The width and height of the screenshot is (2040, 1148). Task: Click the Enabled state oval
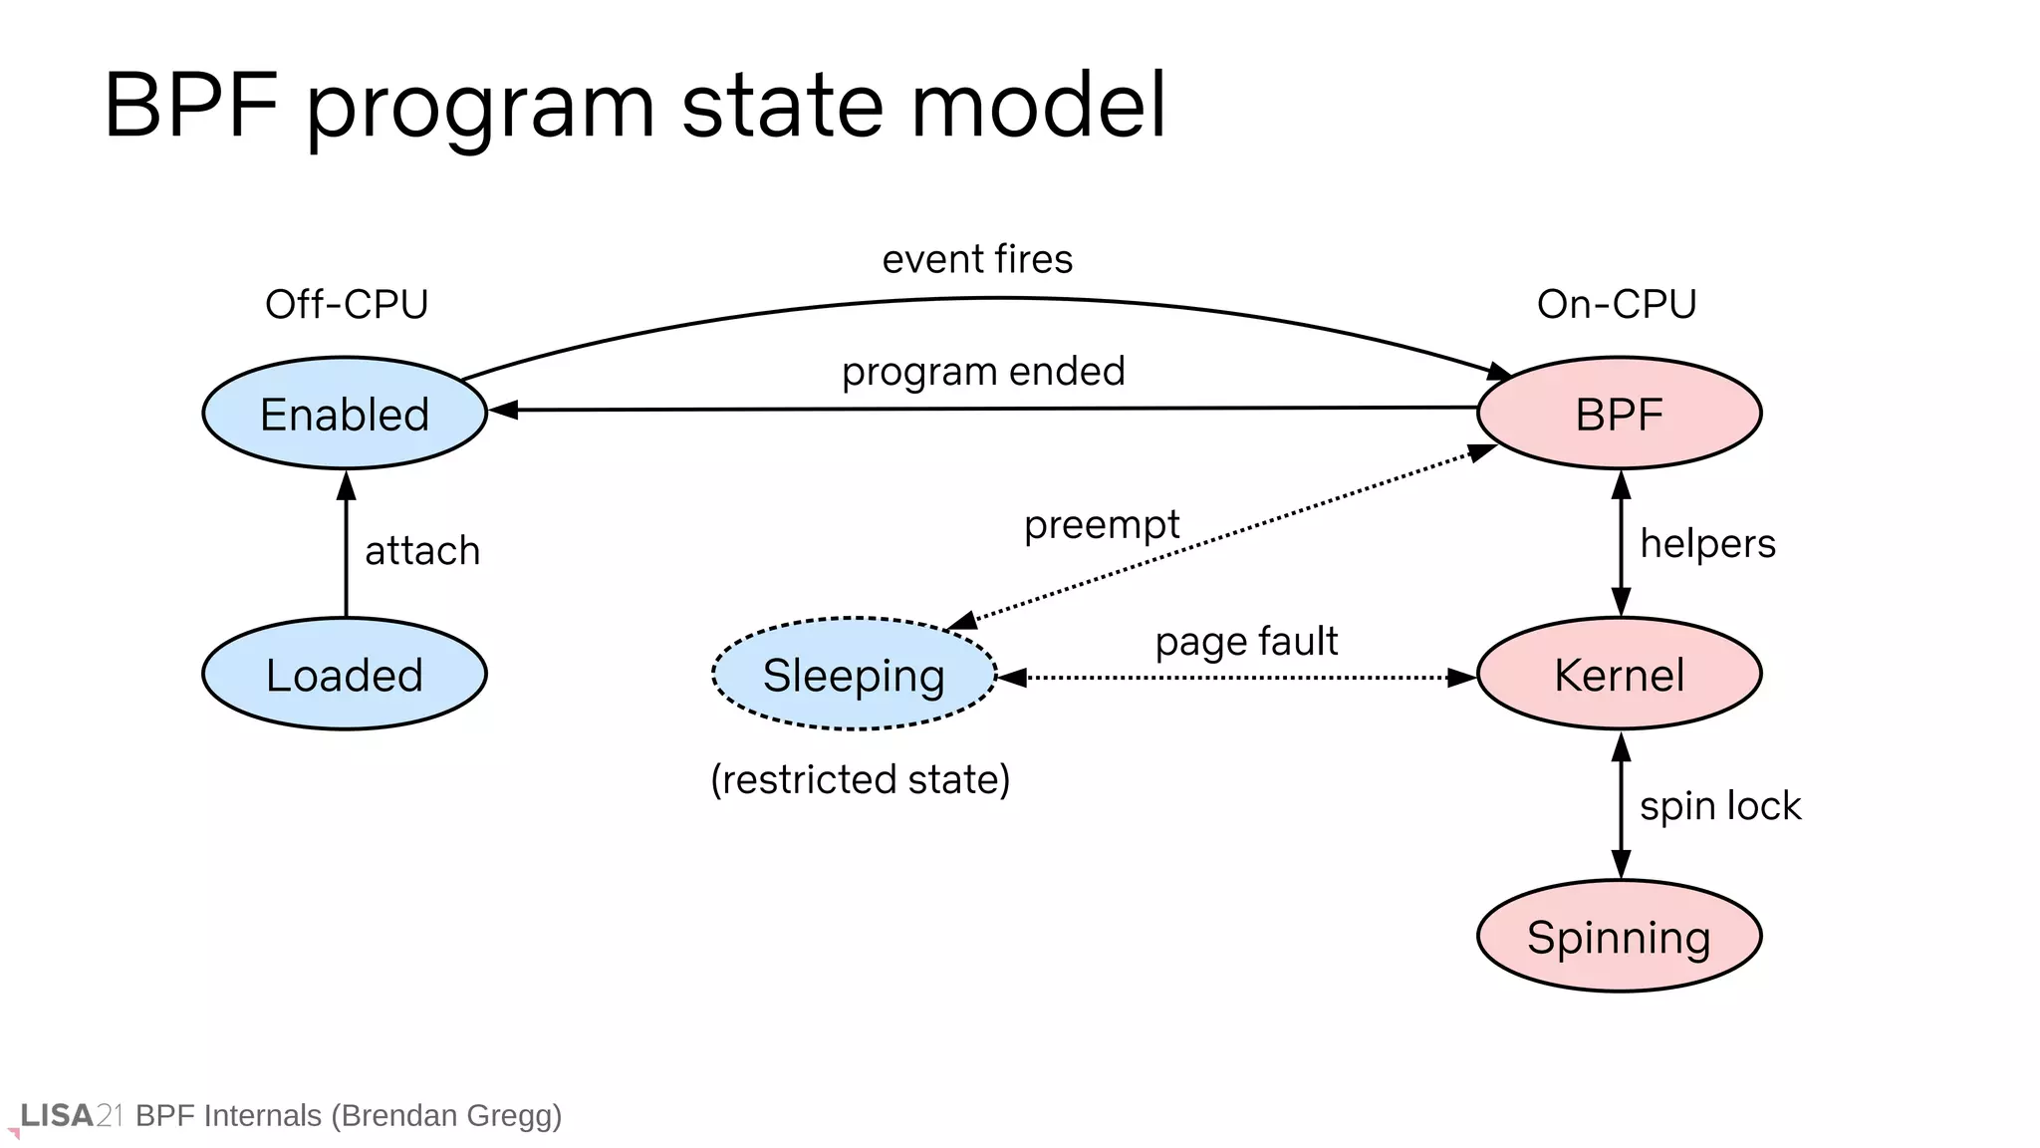[345, 414]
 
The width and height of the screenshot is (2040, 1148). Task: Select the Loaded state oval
[345, 675]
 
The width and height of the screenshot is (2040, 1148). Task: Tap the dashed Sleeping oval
[854, 675]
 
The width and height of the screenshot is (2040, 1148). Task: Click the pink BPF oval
[1619, 414]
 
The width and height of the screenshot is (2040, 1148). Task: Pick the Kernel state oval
[1619, 675]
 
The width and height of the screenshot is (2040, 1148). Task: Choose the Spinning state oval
[1619, 937]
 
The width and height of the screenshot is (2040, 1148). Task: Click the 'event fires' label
[977, 259]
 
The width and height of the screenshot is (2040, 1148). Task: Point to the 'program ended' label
[983, 372]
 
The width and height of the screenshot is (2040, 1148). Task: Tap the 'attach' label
[422, 550]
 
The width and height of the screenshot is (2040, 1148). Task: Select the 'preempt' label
[1102, 524]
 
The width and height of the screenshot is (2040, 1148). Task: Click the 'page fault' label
[1246, 641]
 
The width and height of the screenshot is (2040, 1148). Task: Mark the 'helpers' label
[1707, 544]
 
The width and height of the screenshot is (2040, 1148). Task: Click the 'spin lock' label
[1720, 805]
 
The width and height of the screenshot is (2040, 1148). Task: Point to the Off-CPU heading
[347, 304]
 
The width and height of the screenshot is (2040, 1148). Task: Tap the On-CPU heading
[1617, 304]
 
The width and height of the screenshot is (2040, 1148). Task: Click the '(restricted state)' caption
[861, 779]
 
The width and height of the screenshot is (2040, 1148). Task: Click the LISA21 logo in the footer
[70, 1115]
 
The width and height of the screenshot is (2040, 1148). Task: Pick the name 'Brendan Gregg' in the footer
[446, 1115]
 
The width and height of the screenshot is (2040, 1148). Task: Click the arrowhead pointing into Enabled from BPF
[503, 410]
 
